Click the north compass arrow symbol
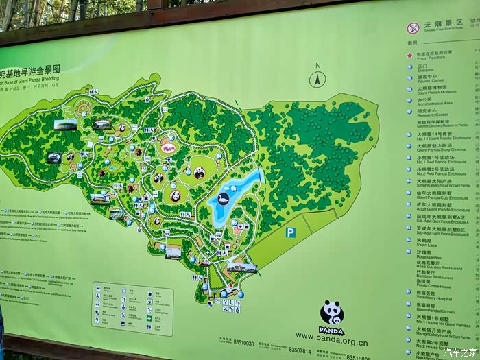click(x=317, y=79)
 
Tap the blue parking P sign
click(x=291, y=232)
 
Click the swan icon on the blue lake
click(x=224, y=199)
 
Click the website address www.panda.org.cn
click(x=332, y=344)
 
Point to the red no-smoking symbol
click(x=413, y=28)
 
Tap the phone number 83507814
click(x=299, y=350)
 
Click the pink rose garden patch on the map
click(x=168, y=147)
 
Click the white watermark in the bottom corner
click(x=460, y=352)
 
